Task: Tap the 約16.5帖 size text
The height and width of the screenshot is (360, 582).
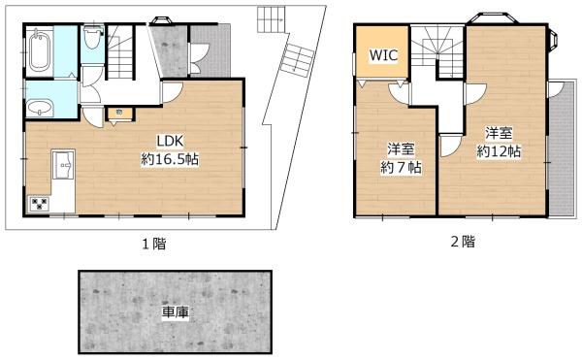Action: [x=170, y=158]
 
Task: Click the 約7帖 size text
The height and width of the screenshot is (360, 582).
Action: [x=401, y=168]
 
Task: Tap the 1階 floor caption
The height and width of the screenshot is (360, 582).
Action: [x=152, y=244]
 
